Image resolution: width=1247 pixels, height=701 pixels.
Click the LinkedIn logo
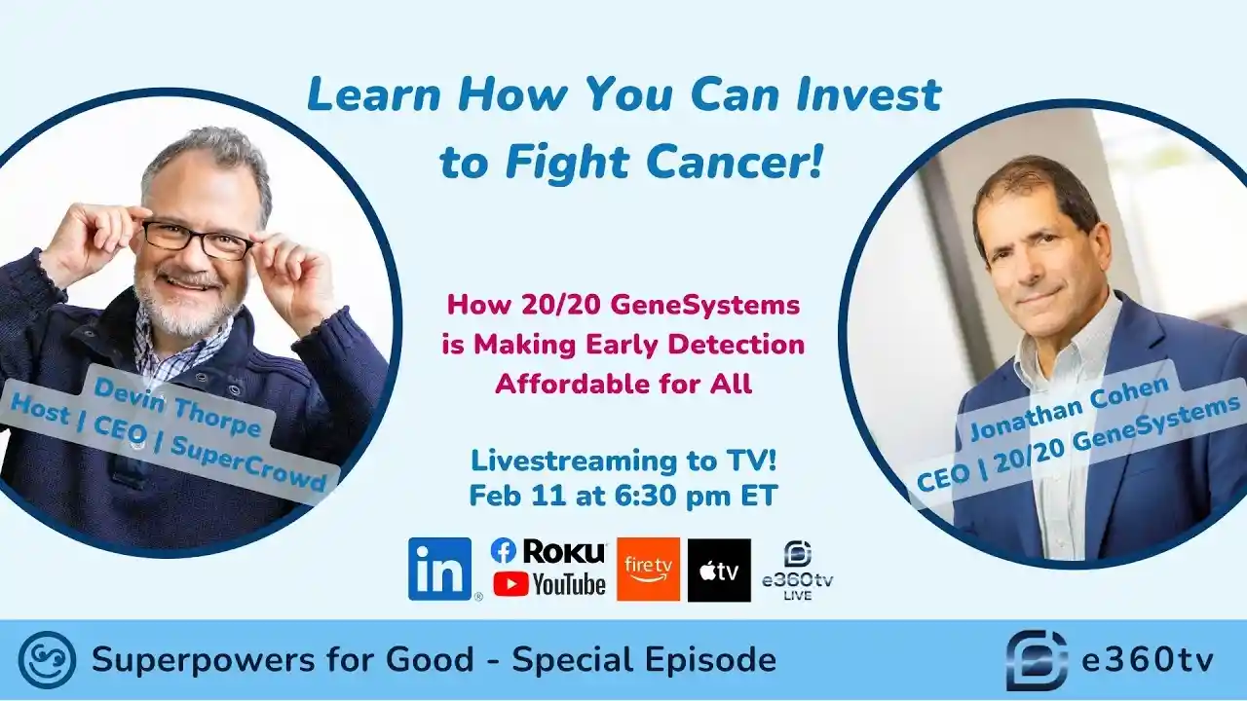[x=440, y=569]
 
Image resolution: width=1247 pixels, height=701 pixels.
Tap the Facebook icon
[x=503, y=551]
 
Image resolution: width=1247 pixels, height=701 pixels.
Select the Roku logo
[x=564, y=551]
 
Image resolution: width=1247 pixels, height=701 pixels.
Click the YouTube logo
[x=549, y=584]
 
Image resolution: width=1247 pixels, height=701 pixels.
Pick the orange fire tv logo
[x=648, y=570]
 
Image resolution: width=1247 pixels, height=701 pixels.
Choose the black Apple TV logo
[x=719, y=570]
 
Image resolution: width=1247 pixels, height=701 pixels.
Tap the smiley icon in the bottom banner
[x=47, y=660]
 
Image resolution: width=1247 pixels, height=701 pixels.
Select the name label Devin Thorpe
[x=177, y=409]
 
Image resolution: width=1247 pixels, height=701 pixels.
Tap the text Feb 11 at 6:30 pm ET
[x=623, y=496]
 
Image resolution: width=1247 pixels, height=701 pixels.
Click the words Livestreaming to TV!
[x=623, y=461]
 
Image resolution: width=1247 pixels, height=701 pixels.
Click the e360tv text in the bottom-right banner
[x=1148, y=660]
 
